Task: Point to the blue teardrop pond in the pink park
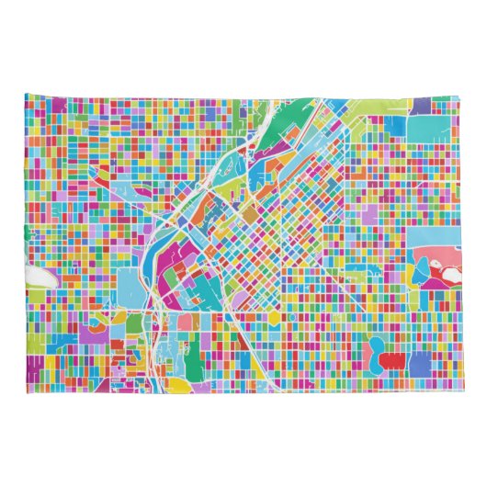point(423,269)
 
